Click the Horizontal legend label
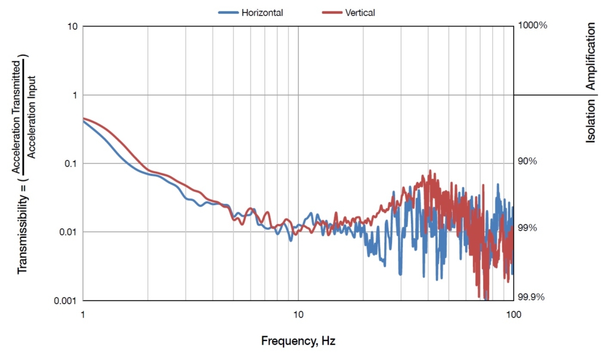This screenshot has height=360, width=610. [262, 13]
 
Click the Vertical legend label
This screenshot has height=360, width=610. [360, 13]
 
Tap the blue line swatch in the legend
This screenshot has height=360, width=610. [228, 13]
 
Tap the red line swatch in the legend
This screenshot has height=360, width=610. [332, 13]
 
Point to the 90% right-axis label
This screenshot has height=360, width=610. [528, 161]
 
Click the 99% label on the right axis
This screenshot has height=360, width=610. [528, 228]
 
